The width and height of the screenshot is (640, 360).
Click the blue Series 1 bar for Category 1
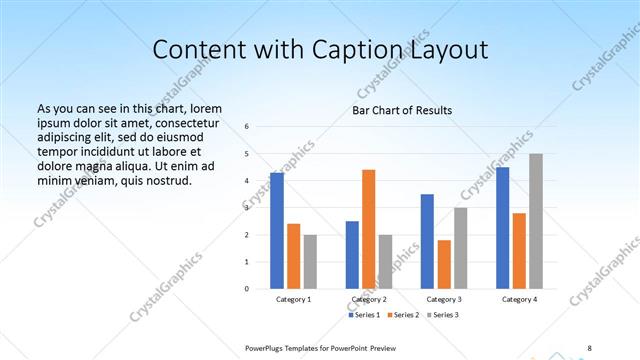click(277, 231)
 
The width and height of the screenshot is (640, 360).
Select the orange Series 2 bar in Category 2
click(368, 229)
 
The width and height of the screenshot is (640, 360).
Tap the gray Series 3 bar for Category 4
click(536, 221)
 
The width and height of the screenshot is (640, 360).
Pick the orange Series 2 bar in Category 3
click(444, 264)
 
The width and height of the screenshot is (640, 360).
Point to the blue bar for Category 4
click(502, 228)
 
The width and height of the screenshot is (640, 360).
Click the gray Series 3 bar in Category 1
click(310, 262)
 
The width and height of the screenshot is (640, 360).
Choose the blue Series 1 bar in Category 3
click(427, 241)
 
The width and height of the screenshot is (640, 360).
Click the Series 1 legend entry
click(362, 315)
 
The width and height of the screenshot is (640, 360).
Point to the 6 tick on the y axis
click(246, 127)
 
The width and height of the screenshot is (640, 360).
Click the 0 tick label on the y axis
click(246, 289)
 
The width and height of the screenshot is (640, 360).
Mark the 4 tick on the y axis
click(246, 181)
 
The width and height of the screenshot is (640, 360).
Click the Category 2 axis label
click(368, 299)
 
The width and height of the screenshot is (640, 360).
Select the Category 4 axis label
click(519, 299)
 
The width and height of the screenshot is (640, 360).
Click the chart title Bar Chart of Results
click(402, 110)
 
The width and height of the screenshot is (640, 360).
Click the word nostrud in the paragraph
click(165, 180)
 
